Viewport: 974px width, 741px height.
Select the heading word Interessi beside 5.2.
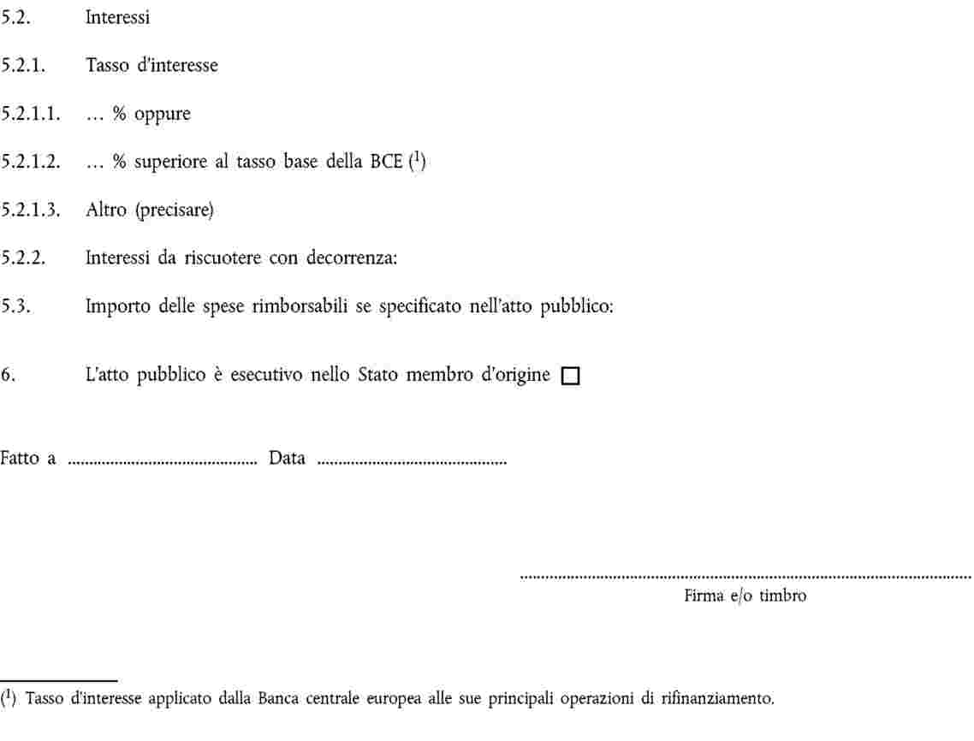coord(117,18)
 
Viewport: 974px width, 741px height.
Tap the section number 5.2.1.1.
coord(30,114)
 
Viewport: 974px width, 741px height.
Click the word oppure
coord(161,115)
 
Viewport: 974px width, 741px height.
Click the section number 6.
coord(6,375)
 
